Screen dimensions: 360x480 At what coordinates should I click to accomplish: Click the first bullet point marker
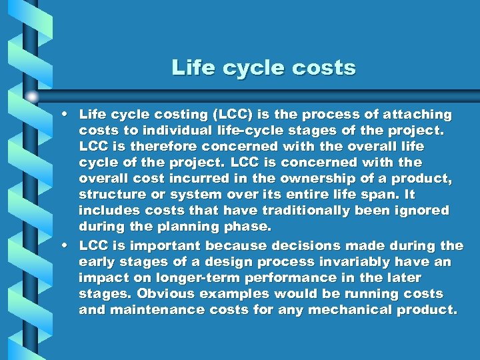coord(67,115)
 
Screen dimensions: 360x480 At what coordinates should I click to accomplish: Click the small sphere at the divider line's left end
coord(31,97)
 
